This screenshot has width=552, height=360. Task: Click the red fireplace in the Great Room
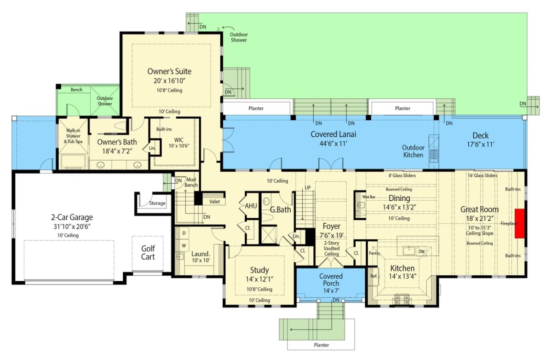(x=520, y=223)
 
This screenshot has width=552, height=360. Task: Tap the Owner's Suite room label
(x=169, y=71)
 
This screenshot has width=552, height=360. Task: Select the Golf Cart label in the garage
(x=148, y=252)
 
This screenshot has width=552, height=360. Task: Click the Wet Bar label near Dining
(x=369, y=197)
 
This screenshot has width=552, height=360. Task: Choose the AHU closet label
(x=251, y=206)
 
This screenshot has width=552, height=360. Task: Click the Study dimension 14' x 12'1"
(x=259, y=279)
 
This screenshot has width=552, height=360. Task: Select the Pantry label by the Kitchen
(x=374, y=253)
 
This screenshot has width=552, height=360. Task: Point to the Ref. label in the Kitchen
(x=374, y=276)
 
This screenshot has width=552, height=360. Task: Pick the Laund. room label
(x=201, y=253)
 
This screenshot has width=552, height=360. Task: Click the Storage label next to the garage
(x=157, y=203)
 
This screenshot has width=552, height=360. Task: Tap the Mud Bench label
(x=191, y=182)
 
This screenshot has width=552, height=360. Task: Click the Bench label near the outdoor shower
(x=76, y=90)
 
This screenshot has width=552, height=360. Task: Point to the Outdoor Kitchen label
(x=413, y=151)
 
